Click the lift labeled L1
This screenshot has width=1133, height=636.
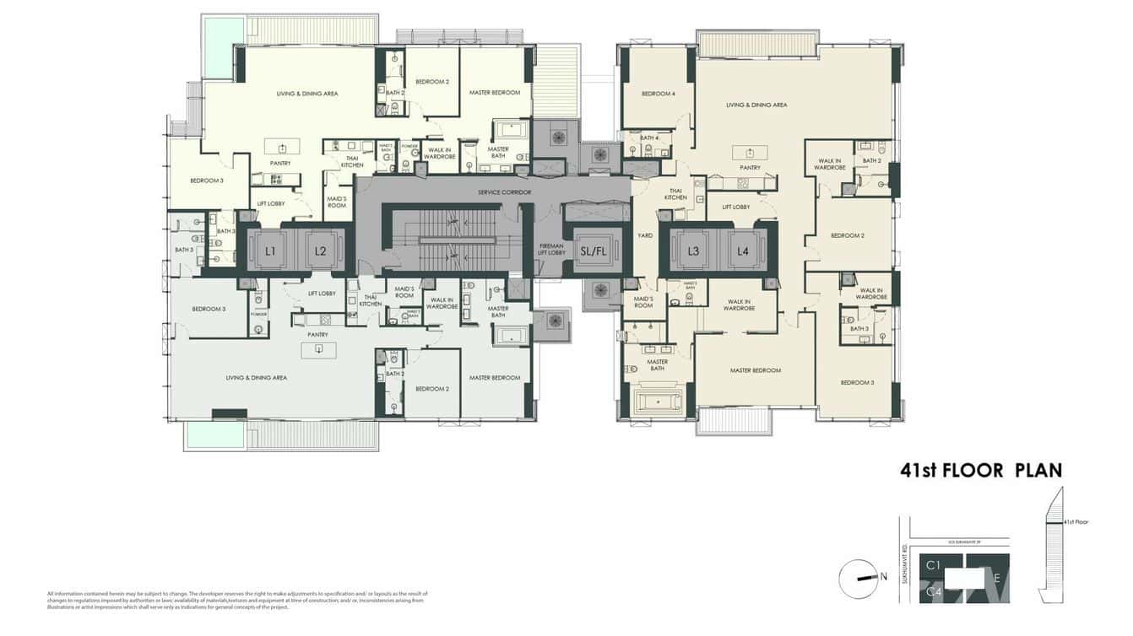[x=271, y=251]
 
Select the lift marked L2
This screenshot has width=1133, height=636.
[x=320, y=251]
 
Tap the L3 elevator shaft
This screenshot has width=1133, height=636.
[x=693, y=251]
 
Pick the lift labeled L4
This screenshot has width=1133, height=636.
[x=742, y=251]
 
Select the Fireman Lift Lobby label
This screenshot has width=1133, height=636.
[x=551, y=249]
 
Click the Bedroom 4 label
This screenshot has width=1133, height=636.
[x=658, y=94]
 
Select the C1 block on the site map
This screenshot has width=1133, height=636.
[x=934, y=564]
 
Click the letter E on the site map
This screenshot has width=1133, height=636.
[x=997, y=579]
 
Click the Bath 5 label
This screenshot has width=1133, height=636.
[x=184, y=250]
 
